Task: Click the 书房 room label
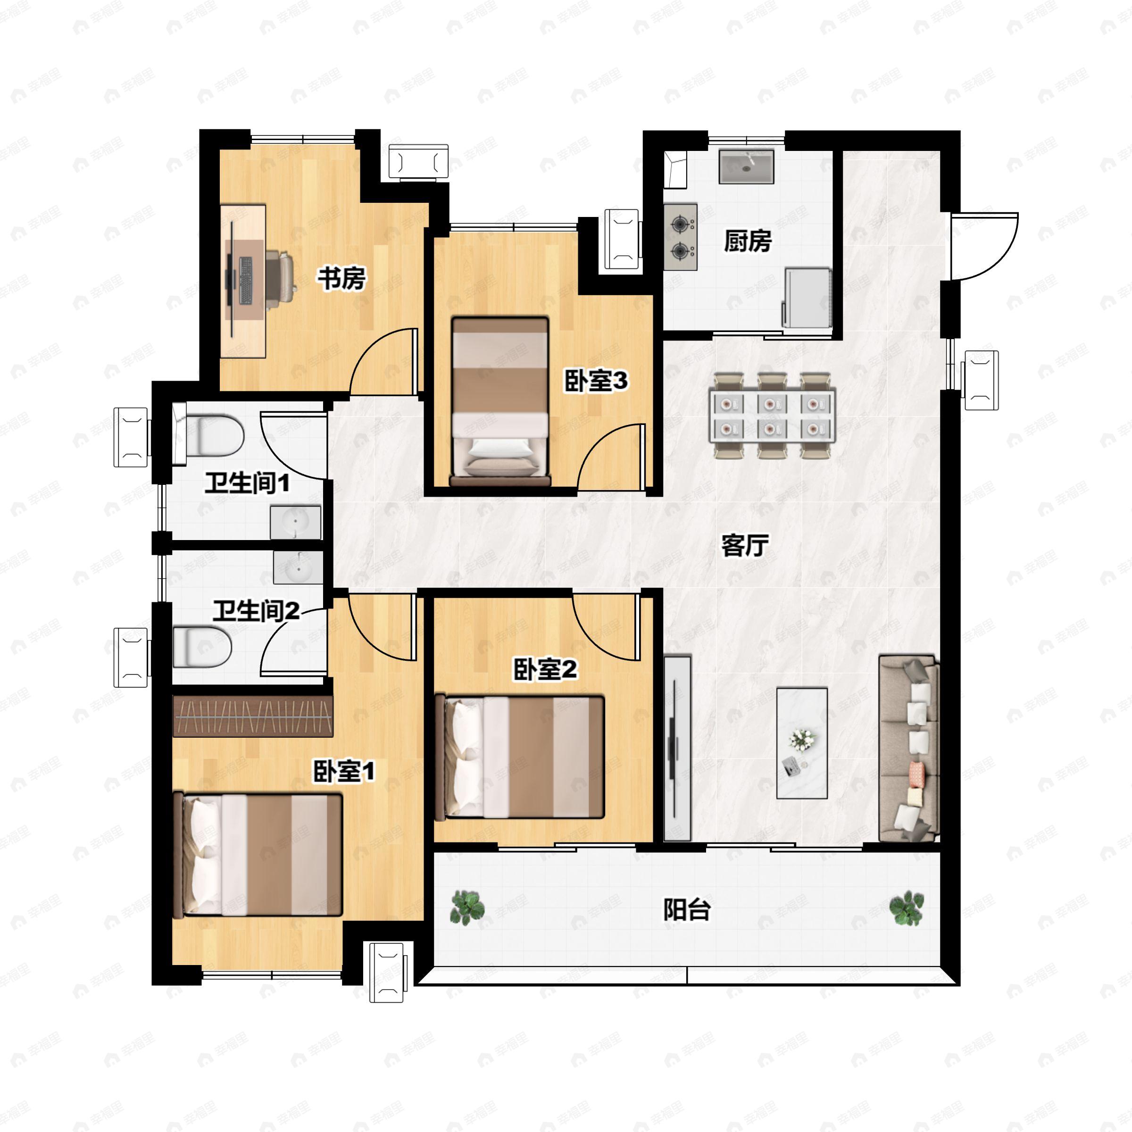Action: pyautogui.click(x=342, y=278)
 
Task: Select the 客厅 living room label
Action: pyautogui.click(x=745, y=546)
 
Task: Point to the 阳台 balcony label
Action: pyautogui.click(x=687, y=910)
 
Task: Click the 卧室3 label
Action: pyautogui.click(x=596, y=381)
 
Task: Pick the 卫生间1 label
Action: pyautogui.click(x=247, y=483)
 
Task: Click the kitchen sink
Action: pyautogui.click(x=747, y=167)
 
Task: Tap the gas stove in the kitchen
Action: pyautogui.click(x=680, y=237)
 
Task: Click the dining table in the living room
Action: pyautogui.click(x=772, y=415)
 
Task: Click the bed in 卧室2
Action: pyautogui.click(x=519, y=757)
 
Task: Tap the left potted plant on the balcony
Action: pyautogui.click(x=467, y=907)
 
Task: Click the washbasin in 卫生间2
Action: pyautogui.click(x=298, y=567)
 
